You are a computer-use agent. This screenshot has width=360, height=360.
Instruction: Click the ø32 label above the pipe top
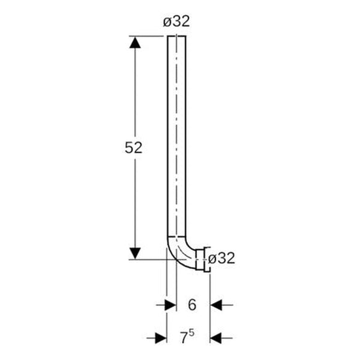coord(176,22)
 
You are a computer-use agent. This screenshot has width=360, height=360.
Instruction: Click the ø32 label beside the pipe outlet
coord(220,259)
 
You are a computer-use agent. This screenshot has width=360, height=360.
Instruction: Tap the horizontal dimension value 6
coord(192,305)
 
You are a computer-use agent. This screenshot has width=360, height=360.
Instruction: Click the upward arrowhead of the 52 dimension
coord(136,44)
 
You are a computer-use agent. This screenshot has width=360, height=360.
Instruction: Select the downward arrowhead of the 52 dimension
coord(136,251)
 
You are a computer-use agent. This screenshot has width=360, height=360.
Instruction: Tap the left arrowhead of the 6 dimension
coord(170,305)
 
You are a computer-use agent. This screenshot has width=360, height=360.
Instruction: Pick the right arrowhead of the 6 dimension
coord(216,305)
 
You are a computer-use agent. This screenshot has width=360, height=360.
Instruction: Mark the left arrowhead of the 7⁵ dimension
coord(160,338)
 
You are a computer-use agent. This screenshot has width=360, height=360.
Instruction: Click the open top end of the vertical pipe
coord(176,37)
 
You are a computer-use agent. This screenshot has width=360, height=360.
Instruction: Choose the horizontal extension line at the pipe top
coord(150,36)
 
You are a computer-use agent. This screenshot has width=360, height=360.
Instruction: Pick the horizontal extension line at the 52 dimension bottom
coord(150,259)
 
